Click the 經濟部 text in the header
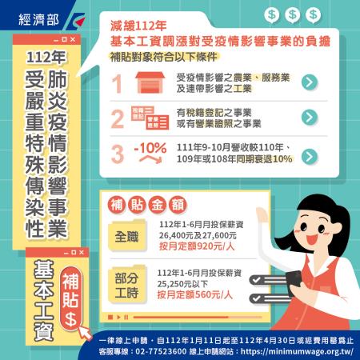tap(38, 19)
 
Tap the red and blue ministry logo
tap(75, 21)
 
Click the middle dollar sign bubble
tap(292, 14)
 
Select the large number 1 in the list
tap(117, 83)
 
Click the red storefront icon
tap(150, 82)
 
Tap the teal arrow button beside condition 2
tap(310, 117)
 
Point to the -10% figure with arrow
tap(150, 152)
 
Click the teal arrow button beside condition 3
tap(310, 157)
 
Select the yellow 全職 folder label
tap(127, 236)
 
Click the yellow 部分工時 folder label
tap(127, 284)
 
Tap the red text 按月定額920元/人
tap(197, 246)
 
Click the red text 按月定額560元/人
tap(195, 295)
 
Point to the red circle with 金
tap(157, 206)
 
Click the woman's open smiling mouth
tap(311, 238)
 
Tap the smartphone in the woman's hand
tap(294, 282)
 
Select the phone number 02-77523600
tap(161, 351)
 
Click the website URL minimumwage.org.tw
tap(297, 351)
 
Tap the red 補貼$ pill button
tap(70, 298)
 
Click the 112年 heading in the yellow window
tap(46, 57)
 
